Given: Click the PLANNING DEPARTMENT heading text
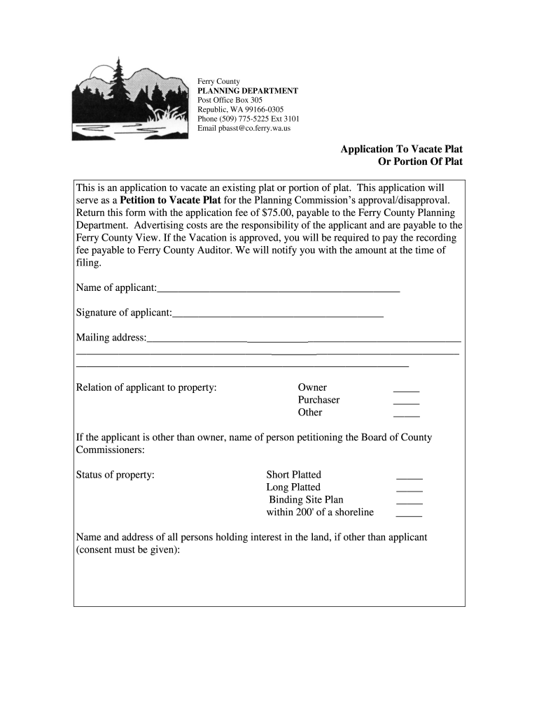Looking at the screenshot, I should [247, 91].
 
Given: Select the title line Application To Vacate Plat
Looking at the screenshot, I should [401, 149].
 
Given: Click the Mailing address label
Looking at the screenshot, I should [111, 338].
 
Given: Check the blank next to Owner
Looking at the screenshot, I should [406, 389].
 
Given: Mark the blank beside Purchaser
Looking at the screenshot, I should [406, 401].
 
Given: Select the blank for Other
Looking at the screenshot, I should [406, 414].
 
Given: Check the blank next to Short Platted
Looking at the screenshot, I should [409, 476].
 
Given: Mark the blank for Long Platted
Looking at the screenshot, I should [409, 489].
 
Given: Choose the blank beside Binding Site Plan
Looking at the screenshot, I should [409, 501].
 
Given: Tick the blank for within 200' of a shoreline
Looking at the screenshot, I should [409, 514].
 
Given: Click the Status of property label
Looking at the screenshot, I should [115, 475].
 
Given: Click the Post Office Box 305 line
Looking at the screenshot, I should [230, 101].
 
